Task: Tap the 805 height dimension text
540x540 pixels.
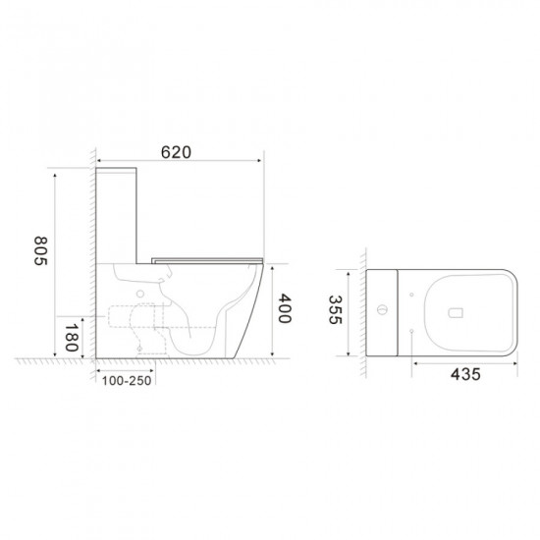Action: [x=40, y=256]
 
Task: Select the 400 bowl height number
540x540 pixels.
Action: [x=284, y=309]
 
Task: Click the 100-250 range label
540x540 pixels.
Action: [x=124, y=379]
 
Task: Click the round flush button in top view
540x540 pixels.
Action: [x=382, y=312]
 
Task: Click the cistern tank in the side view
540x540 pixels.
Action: [x=119, y=216]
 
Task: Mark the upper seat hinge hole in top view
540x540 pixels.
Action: [x=408, y=291]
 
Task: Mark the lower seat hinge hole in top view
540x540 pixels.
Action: [x=408, y=334]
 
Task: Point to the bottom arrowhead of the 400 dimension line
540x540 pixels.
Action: [x=267, y=354]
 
